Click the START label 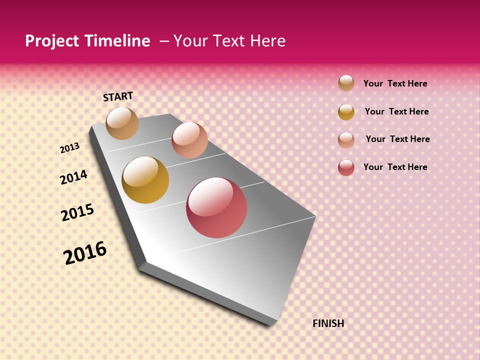(x=118, y=96)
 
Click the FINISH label (x=328, y=323)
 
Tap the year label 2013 (x=70, y=148)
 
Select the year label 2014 (x=73, y=177)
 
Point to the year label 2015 (x=77, y=212)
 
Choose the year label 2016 (x=85, y=253)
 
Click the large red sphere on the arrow (x=216, y=207)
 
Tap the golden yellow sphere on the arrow (x=145, y=180)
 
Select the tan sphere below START (x=122, y=123)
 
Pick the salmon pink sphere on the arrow (x=189, y=140)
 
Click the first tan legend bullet (x=346, y=83)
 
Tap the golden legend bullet (x=346, y=112)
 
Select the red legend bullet (x=346, y=167)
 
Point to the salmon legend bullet (x=346, y=140)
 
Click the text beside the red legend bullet (x=395, y=167)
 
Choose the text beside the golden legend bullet (x=396, y=111)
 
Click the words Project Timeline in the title (x=87, y=41)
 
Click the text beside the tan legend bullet (x=395, y=83)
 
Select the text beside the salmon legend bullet (x=397, y=139)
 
